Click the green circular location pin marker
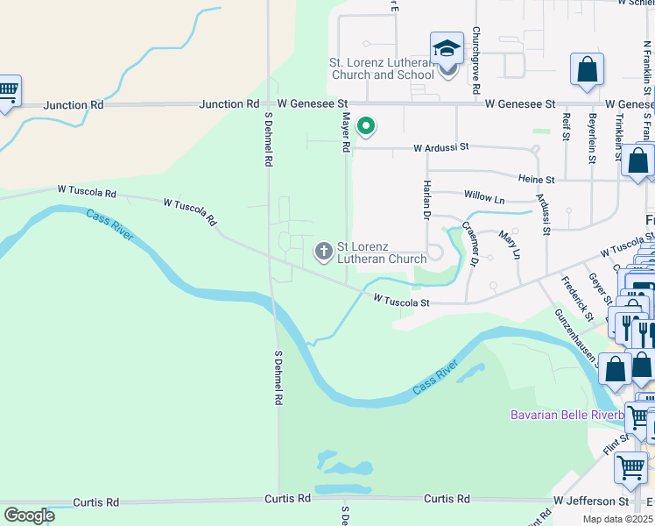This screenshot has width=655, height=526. click(x=366, y=128)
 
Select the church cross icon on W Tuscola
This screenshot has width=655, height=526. click(x=324, y=252)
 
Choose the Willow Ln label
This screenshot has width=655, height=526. click(x=484, y=199)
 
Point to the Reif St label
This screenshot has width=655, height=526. click(x=567, y=126)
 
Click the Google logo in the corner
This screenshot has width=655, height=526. click(x=29, y=515)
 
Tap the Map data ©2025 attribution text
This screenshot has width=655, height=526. click(x=618, y=519)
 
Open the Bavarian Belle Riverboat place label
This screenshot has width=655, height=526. click(x=567, y=414)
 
